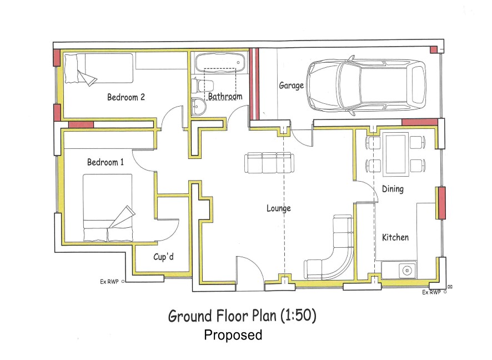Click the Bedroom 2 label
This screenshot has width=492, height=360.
tap(126, 97)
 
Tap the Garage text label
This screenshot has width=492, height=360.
tap(291, 86)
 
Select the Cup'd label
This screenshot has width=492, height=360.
tap(163, 257)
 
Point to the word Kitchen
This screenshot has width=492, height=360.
tap(395, 237)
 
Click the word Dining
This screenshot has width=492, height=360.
tap(393, 189)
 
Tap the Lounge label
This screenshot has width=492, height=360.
tap(279, 208)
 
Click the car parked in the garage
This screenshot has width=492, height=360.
tap(366, 84)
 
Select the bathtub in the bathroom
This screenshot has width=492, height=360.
tap(220, 62)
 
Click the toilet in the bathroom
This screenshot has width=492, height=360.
tap(203, 86)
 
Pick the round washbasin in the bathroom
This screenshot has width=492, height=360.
tap(198, 107)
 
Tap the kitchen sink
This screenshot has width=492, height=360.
tap(406, 270)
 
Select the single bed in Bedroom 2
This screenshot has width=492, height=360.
tap(98, 69)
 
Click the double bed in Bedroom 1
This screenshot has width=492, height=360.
tap(108, 208)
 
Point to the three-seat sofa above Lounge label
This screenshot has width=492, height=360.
tap(269, 163)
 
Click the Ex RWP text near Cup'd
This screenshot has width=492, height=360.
tap(109, 282)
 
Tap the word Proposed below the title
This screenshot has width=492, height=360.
tap(233, 335)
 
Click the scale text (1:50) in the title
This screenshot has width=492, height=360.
tap(298, 316)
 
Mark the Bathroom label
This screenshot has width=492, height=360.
tap(225, 96)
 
